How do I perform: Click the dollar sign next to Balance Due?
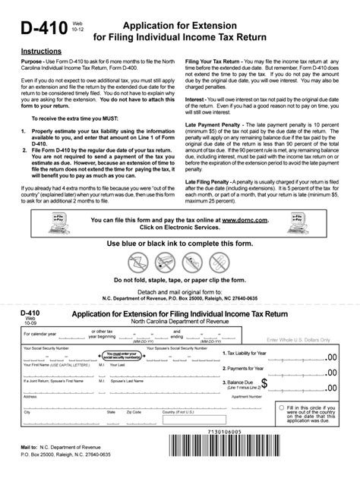263,387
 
